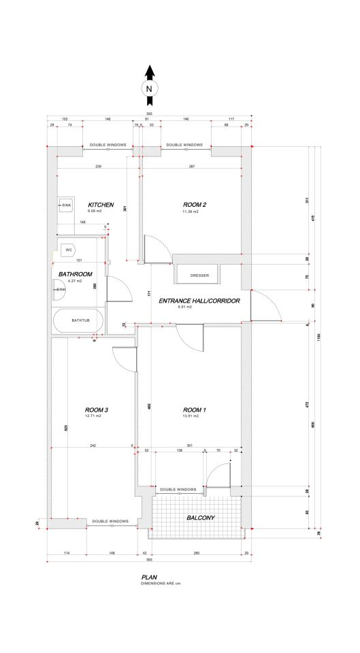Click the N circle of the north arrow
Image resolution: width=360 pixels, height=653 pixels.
[x=149, y=88]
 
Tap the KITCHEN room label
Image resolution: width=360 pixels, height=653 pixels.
[x=99, y=204]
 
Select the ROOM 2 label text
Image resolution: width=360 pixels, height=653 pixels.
[x=195, y=204]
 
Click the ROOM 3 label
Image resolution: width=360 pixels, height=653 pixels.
[x=97, y=409]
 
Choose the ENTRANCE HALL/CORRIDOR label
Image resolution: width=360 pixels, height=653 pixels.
[x=198, y=300]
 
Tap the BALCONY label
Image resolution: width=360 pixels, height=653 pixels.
[x=201, y=518]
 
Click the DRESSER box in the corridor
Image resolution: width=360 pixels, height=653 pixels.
[x=199, y=275]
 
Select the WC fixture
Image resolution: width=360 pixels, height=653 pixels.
[x=69, y=250]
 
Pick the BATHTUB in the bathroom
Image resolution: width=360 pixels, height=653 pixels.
[x=77, y=320]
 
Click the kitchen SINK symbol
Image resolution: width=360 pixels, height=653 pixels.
[x=65, y=205]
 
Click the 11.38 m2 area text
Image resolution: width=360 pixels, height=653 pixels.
[x=190, y=212]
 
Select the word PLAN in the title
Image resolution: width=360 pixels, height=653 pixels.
[x=148, y=576]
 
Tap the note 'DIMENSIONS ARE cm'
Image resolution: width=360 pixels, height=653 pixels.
[x=161, y=583]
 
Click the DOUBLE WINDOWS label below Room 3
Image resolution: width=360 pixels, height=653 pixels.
[x=111, y=521]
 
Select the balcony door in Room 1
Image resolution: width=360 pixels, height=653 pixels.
[x=219, y=476]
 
